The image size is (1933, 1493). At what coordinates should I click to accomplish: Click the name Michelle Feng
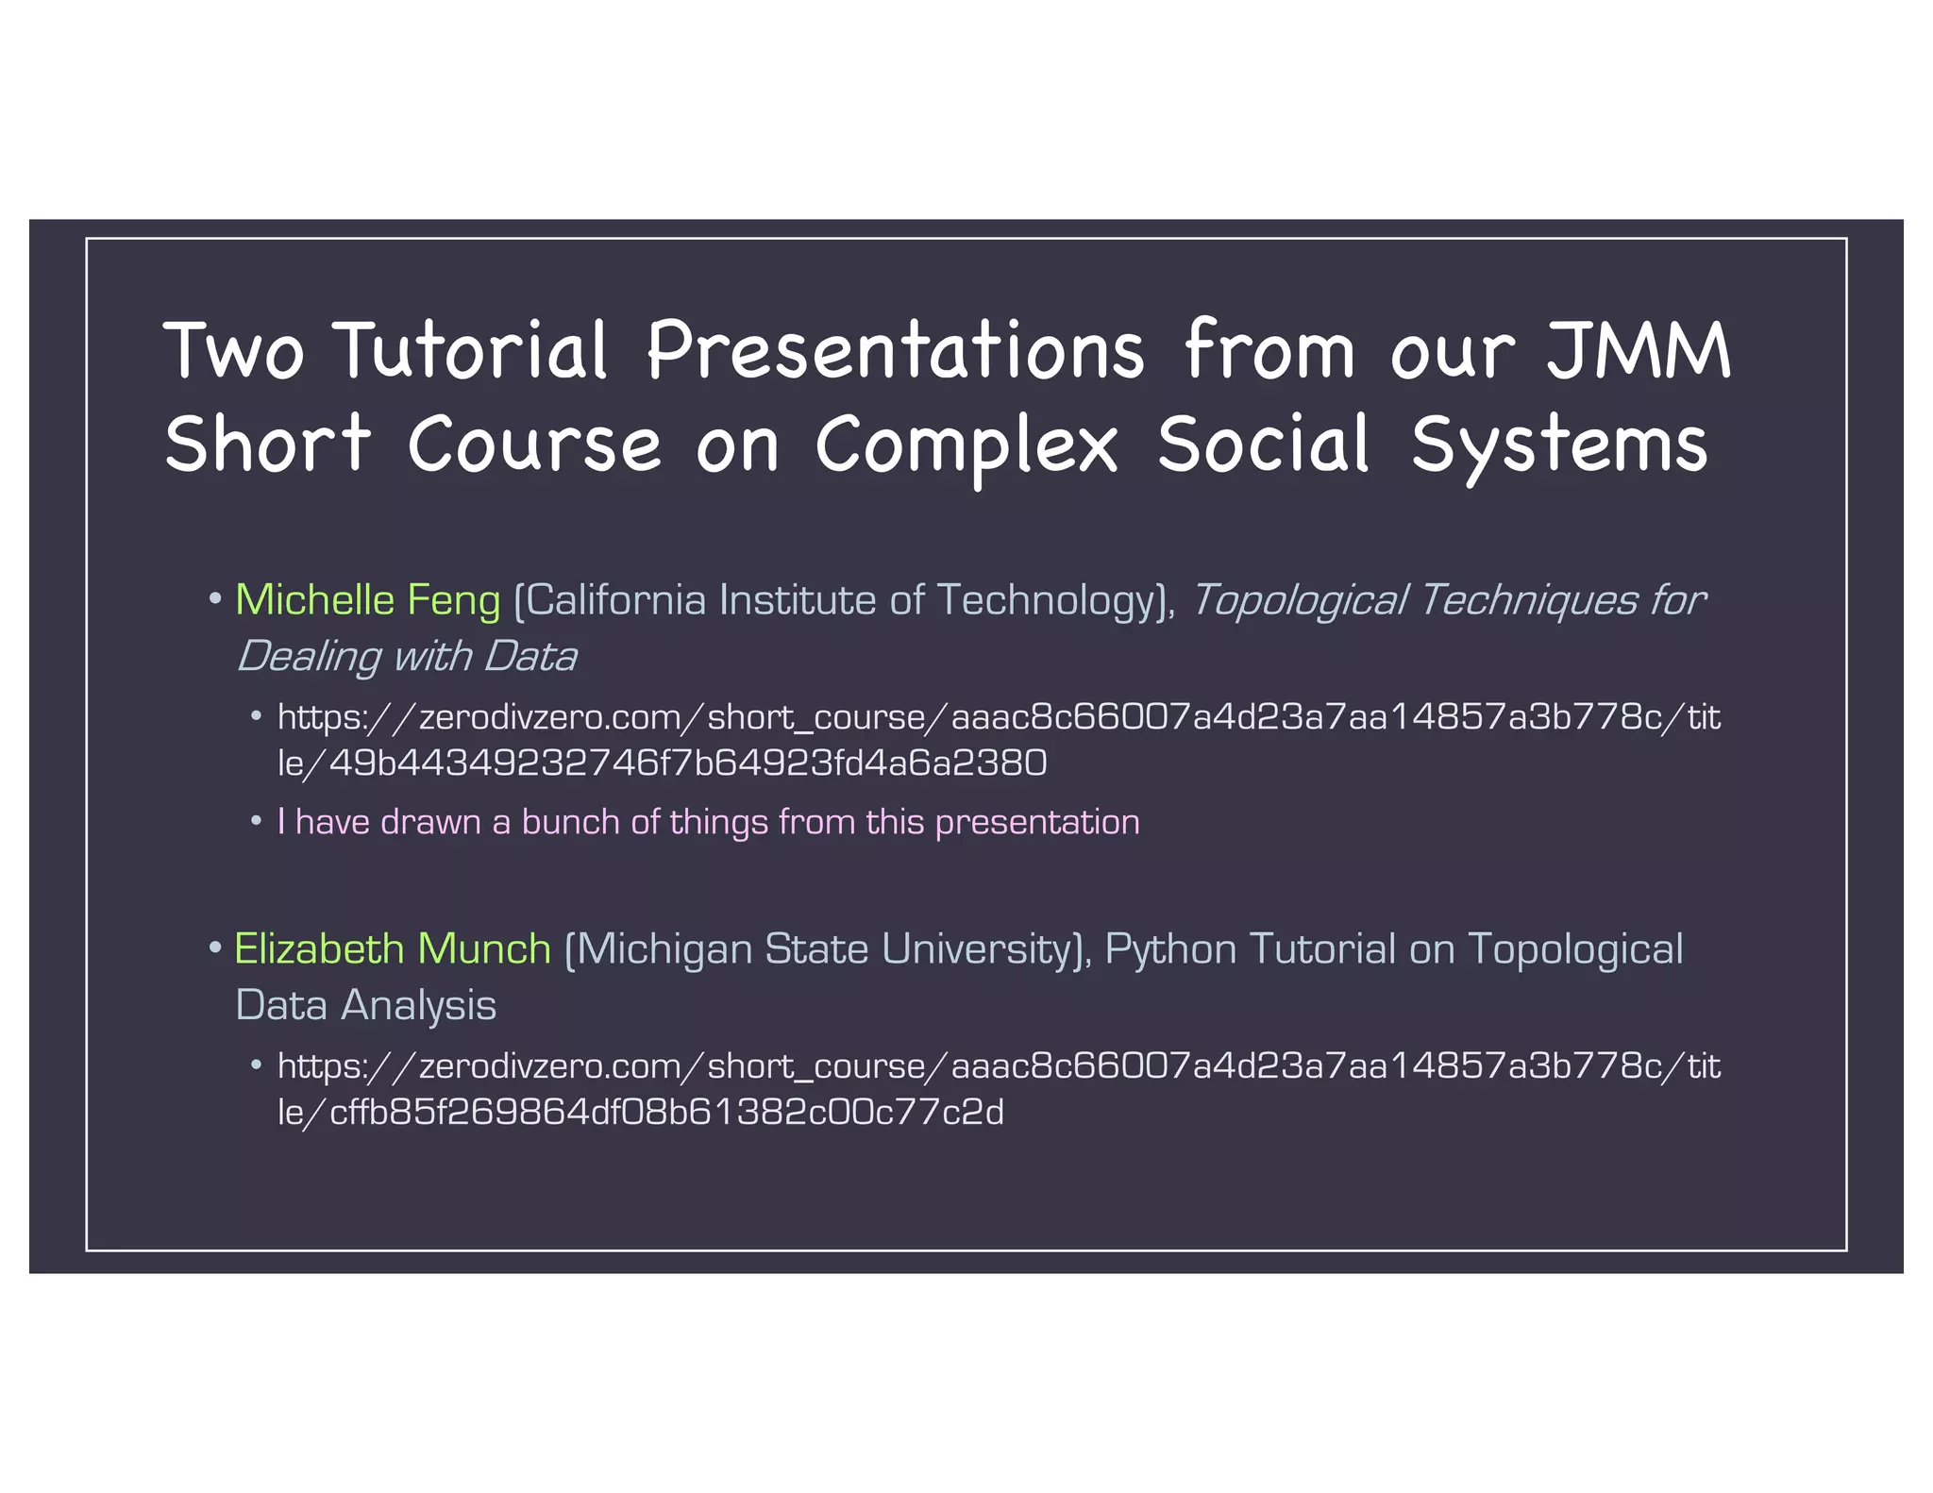tap(367, 600)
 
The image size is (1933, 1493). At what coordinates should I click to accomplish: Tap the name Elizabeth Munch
tap(392, 948)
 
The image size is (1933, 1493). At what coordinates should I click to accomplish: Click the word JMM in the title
tap(1638, 350)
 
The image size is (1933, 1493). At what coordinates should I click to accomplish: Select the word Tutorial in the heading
tap(471, 350)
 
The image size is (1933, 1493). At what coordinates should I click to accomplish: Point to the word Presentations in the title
tap(895, 350)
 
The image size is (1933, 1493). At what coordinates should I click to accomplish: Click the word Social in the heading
tap(1262, 444)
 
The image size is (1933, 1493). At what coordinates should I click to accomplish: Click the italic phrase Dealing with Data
tap(406, 657)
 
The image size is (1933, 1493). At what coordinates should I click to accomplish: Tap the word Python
tap(1170, 948)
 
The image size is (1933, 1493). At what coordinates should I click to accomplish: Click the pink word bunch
tap(570, 822)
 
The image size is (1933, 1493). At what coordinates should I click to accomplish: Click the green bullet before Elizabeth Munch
tap(215, 946)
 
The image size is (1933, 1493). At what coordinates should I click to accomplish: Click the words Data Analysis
tap(365, 1005)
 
